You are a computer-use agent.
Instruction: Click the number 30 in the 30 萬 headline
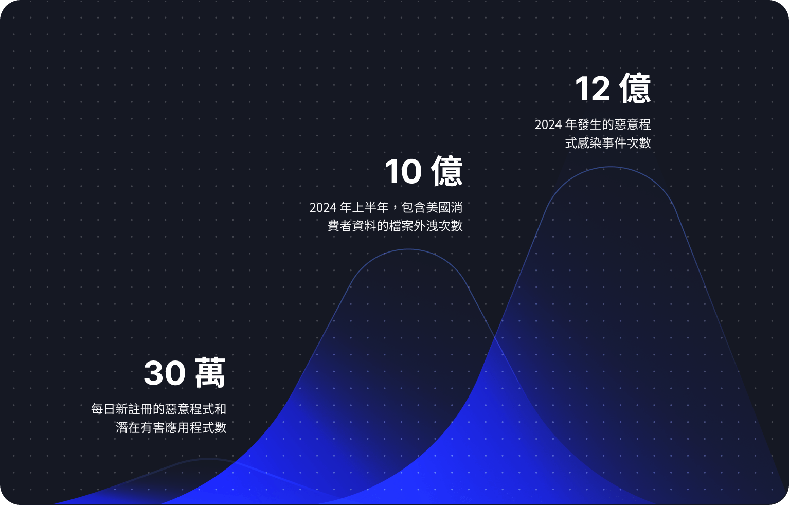click(165, 373)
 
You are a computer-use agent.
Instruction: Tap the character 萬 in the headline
click(210, 373)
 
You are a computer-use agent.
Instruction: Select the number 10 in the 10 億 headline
click(403, 171)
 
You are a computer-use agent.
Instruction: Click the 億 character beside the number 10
click(447, 171)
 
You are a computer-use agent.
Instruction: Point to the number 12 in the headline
click(593, 89)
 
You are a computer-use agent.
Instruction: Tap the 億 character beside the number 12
click(635, 88)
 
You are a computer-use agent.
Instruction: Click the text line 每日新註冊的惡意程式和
click(158, 409)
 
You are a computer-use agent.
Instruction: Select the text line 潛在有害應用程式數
click(171, 428)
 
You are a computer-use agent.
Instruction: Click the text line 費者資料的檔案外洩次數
click(395, 226)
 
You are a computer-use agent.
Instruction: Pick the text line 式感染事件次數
click(608, 143)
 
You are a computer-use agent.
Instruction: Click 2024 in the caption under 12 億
click(548, 125)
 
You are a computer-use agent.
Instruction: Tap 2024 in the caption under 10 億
click(322, 208)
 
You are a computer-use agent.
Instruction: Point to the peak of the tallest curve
click(611, 167)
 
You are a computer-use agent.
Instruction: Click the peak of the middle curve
click(408, 250)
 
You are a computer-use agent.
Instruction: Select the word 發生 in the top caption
click(589, 125)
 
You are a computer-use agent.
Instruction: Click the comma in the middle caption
click(395, 209)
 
